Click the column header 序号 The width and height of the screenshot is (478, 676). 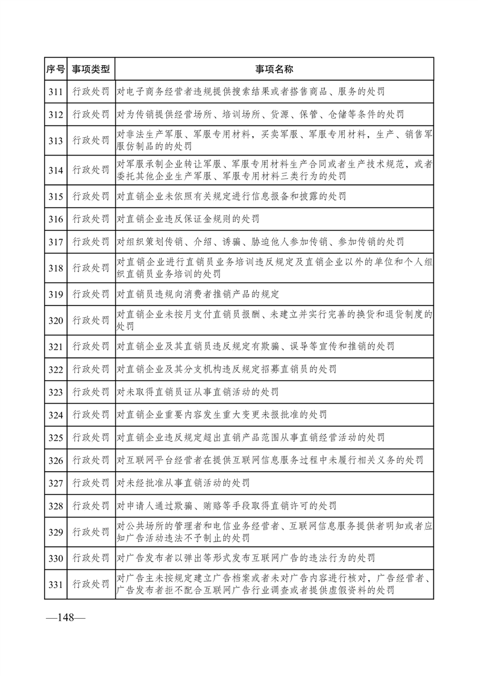tap(55, 69)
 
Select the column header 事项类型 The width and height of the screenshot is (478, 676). tap(91, 69)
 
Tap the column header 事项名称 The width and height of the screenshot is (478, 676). tap(274, 69)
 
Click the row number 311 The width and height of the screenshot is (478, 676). tap(55, 92)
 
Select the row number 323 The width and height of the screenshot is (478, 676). tap(55, 392)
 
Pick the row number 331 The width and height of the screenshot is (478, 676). tap(55, 583)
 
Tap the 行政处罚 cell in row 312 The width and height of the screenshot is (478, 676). tap(91, 114)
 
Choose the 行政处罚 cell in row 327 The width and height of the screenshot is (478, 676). tap(91, 483)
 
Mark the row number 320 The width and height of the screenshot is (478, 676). tap(55, 320)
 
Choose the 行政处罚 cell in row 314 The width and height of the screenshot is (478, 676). tap(91, 170)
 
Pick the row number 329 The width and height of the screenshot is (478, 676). tap(55, 531)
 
